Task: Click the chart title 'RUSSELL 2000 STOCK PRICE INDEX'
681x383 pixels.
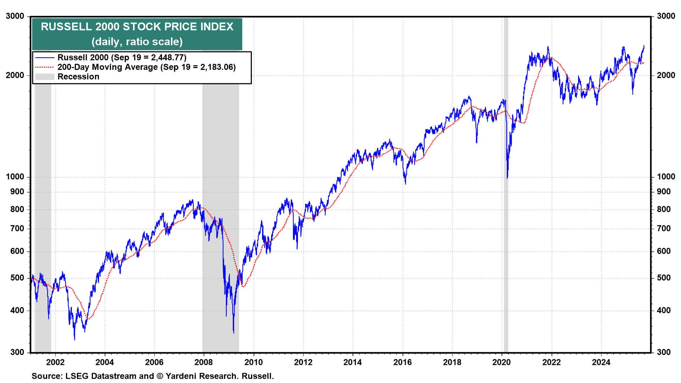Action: pyautogui.click(x=137, y=27)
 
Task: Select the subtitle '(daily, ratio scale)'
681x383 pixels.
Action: pyautogui.click(x=137, y=41)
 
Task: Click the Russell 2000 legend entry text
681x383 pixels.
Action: pyautogui.click(x=122, y=57)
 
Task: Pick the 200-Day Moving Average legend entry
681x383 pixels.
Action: pyautogui.click(x=146, y=67)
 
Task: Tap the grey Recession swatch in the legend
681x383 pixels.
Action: pyautogui.click(x=45, y=77)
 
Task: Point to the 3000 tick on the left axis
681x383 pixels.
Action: pyautogui.click(x=15, y=16)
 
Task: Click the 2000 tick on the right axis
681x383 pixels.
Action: pyautogui.click(x=666, y=75)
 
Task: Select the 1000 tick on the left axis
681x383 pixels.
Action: pyautogui.click(x=15, y=177)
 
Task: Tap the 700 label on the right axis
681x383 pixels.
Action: pyautogui.click(x=664, y=228)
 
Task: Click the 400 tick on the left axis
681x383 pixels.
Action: pyautogui.click(x=17, y=310)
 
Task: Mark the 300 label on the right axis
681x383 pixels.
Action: pyautogui.click(x=664, y=352)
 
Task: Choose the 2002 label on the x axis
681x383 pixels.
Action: pyautogui.click(x=55, y=362)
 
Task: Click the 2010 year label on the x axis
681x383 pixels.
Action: pyautogui.click(x=254, y=362)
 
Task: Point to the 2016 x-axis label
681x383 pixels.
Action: pyautogui.click(x=403, y=362)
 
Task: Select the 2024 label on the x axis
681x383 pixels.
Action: pyautogui.click(x=601, y=362)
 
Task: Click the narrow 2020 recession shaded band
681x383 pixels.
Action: pyautogui.click(x=506, y=213)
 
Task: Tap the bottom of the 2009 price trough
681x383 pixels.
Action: pyautogui.click(x=233, y=333)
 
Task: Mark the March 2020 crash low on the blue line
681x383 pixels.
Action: pyautogui.click(x=507, y=178)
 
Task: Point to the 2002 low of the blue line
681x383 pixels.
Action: pyautogui.click(x=74, y=339)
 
